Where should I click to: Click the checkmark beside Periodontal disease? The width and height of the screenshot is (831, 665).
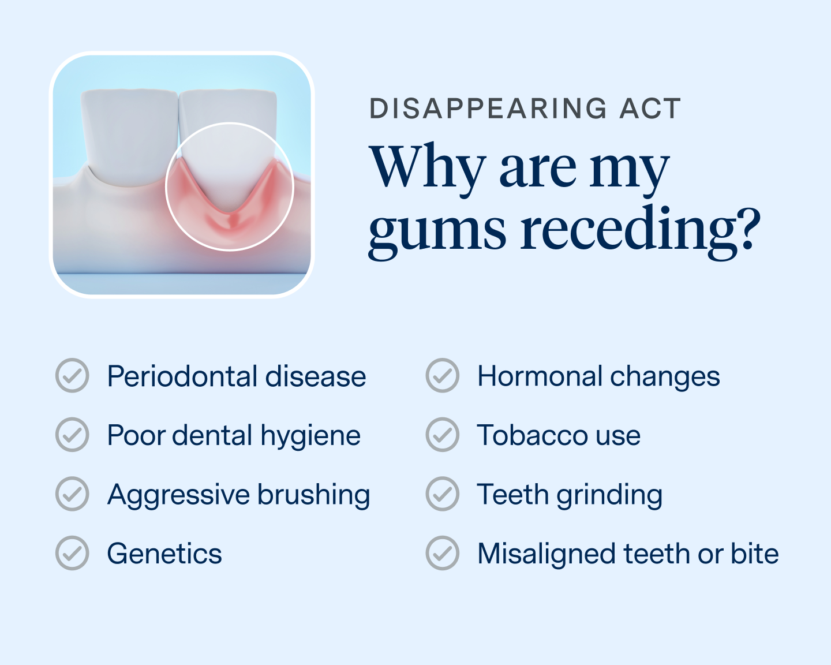[72, 376]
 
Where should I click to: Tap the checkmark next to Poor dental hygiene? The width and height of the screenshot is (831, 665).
[72, 435]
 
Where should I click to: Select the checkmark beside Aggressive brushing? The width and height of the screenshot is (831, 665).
[72, 494]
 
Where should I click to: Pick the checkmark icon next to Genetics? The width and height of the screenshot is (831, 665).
[72, 553]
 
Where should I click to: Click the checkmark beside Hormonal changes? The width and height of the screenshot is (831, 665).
[442, 376]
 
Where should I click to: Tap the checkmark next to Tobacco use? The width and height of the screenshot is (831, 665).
[442, 435]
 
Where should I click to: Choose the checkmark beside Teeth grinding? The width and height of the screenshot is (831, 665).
[442, 494]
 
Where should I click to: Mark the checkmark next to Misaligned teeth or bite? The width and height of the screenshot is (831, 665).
[442, 553]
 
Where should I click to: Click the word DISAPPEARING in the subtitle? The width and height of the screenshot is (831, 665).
[488, 109]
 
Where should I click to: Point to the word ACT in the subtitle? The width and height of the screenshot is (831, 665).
[650, 109]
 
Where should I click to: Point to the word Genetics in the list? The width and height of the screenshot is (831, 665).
[164, 554]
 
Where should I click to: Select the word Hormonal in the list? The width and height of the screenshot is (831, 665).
[540, 376]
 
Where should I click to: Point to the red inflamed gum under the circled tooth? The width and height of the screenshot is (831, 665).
[231, 225]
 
